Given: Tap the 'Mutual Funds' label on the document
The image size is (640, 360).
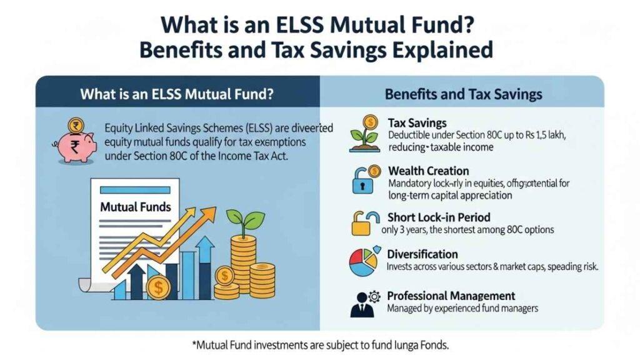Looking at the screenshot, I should pyautogui.click(x=136, y=206).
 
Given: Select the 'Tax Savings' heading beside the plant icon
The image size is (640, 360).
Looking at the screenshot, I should pyautogui.click(x=417, y=123).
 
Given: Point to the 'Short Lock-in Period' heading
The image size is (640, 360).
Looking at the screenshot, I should pyautogui.click(x=439, y=217).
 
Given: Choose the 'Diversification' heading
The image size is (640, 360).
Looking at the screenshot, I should pyautogui.click(x=422, y=254).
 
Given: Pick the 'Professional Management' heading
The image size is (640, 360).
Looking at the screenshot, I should pyautogui.click(x=451, y=296).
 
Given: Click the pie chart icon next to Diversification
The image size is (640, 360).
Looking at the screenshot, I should pyautogui.click(x=364, y=261).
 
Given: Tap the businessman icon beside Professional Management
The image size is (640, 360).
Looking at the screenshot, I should pyautogui.click(x=363, y=302).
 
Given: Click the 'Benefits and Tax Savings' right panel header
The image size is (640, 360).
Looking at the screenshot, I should pyautogui.click(x=463, y=95).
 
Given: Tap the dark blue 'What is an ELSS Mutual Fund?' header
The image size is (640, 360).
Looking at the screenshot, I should pyautogui.click(x=177, y=95).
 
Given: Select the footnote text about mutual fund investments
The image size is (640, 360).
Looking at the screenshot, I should pyautogui.click(x=319, y=344).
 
